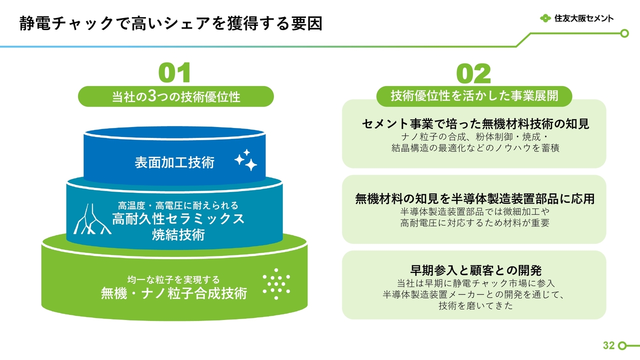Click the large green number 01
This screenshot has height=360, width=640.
tap(174, 72)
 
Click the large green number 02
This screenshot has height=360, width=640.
tap(473, 73)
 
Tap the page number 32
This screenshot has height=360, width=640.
tap(608, 345)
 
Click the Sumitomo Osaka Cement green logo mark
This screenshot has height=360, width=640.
tap(545, 18)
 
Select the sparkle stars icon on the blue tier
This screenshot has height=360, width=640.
tap(245, 160)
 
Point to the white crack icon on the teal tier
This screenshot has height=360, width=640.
tap(92, 219)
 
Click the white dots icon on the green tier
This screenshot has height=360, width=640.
tap(276, 283)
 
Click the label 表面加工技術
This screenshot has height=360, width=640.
tap(174, 162)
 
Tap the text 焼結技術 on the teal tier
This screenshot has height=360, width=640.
tap(178, 235)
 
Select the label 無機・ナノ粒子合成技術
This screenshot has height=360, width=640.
tap(174, 293)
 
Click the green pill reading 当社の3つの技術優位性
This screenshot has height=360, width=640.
tap(175, 96)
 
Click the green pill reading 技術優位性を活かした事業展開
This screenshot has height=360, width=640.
tap(474, 96)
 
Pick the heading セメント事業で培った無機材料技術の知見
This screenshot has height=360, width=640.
tap(475, 124)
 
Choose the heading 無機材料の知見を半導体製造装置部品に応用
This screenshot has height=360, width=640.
tap(475, 199)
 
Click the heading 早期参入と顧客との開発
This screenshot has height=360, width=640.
tap(476, 270)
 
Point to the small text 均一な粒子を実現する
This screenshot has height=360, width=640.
tap(173, 279)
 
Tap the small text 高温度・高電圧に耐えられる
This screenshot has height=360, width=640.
tap(178, 205)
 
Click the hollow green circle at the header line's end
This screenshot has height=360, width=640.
tap(624, 33)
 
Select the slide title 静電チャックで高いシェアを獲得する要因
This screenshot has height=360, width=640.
tap(171, 23)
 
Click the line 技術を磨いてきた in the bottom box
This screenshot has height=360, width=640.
tap(476, 305)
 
